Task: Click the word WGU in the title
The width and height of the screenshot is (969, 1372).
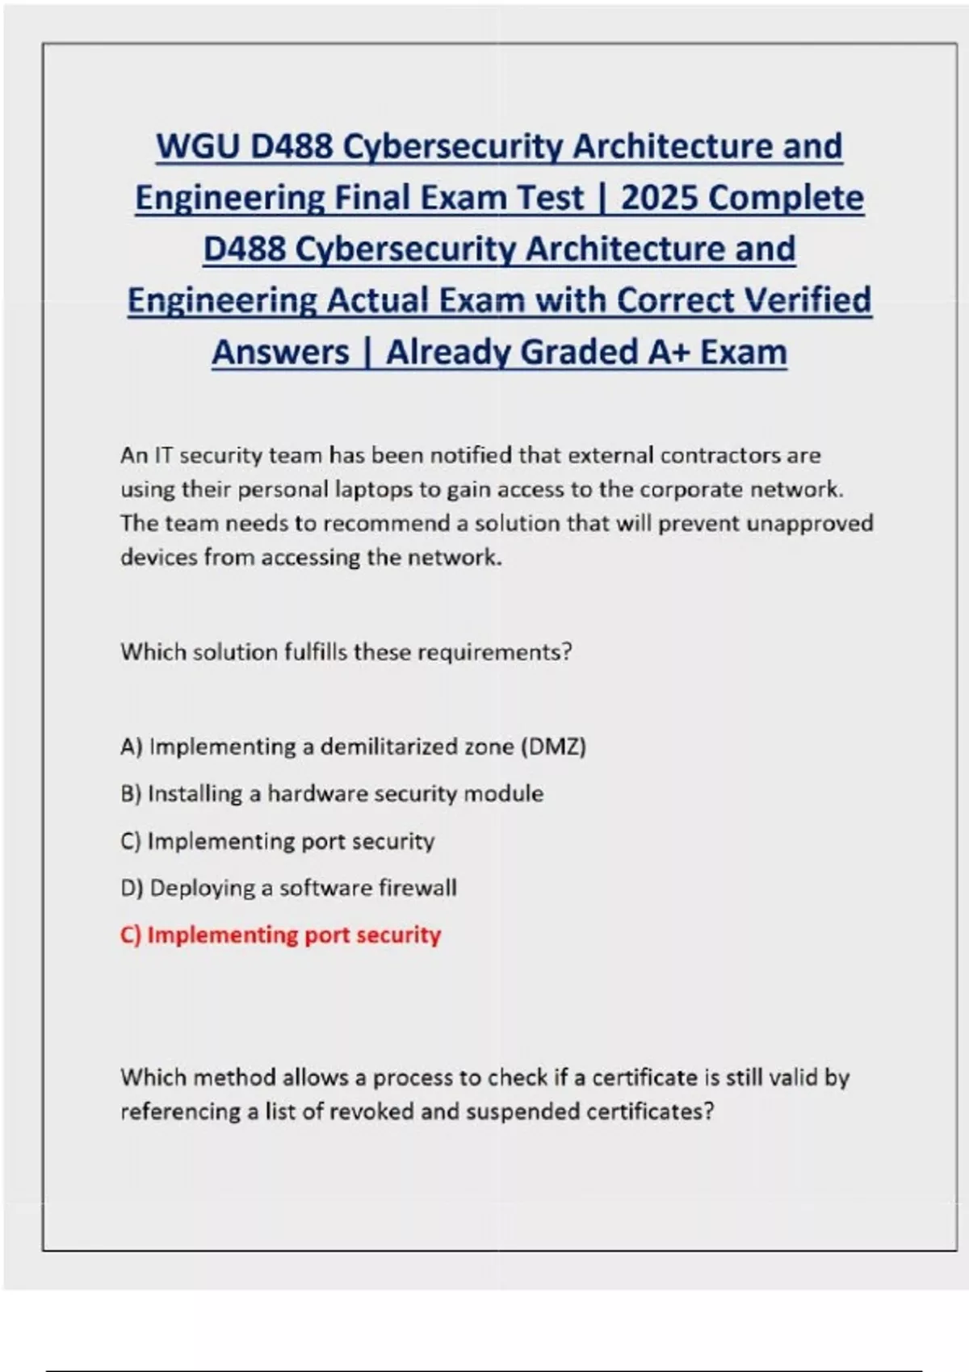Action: tap(197, 146)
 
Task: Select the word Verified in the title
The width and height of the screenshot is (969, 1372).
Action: tap(807, 300)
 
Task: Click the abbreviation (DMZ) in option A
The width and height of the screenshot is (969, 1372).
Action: tap(554, 747)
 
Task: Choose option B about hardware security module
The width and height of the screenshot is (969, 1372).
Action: tap(332, 793)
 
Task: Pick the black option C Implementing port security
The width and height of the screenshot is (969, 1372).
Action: tap(277, 841)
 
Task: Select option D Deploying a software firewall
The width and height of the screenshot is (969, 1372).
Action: tap(288, 888)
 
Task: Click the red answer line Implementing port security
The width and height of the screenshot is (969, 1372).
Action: tap(280, 935)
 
